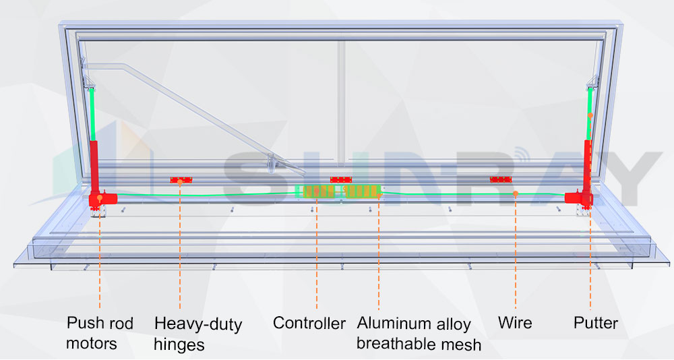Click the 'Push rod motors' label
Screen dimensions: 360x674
(100, 333)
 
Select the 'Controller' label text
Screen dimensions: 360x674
(309, 323)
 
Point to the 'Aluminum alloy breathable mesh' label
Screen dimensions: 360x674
(419, 334)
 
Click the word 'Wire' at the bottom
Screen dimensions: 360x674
(515, 323)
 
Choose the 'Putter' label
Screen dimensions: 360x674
(596, 323)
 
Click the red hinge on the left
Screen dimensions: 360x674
(181, 179)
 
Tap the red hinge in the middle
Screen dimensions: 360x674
(341, 179)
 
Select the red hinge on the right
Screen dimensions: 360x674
(501, 179)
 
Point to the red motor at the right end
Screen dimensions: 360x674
(578, 197)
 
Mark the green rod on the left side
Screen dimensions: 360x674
(94, 115)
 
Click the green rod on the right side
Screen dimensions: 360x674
(590, 115)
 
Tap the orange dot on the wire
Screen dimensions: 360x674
(515, 193)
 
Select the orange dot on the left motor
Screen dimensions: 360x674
(100, 199)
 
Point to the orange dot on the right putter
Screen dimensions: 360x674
(590, 116)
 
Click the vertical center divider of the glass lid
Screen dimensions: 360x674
(342, 101)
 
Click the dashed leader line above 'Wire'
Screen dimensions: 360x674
(516, 256)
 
